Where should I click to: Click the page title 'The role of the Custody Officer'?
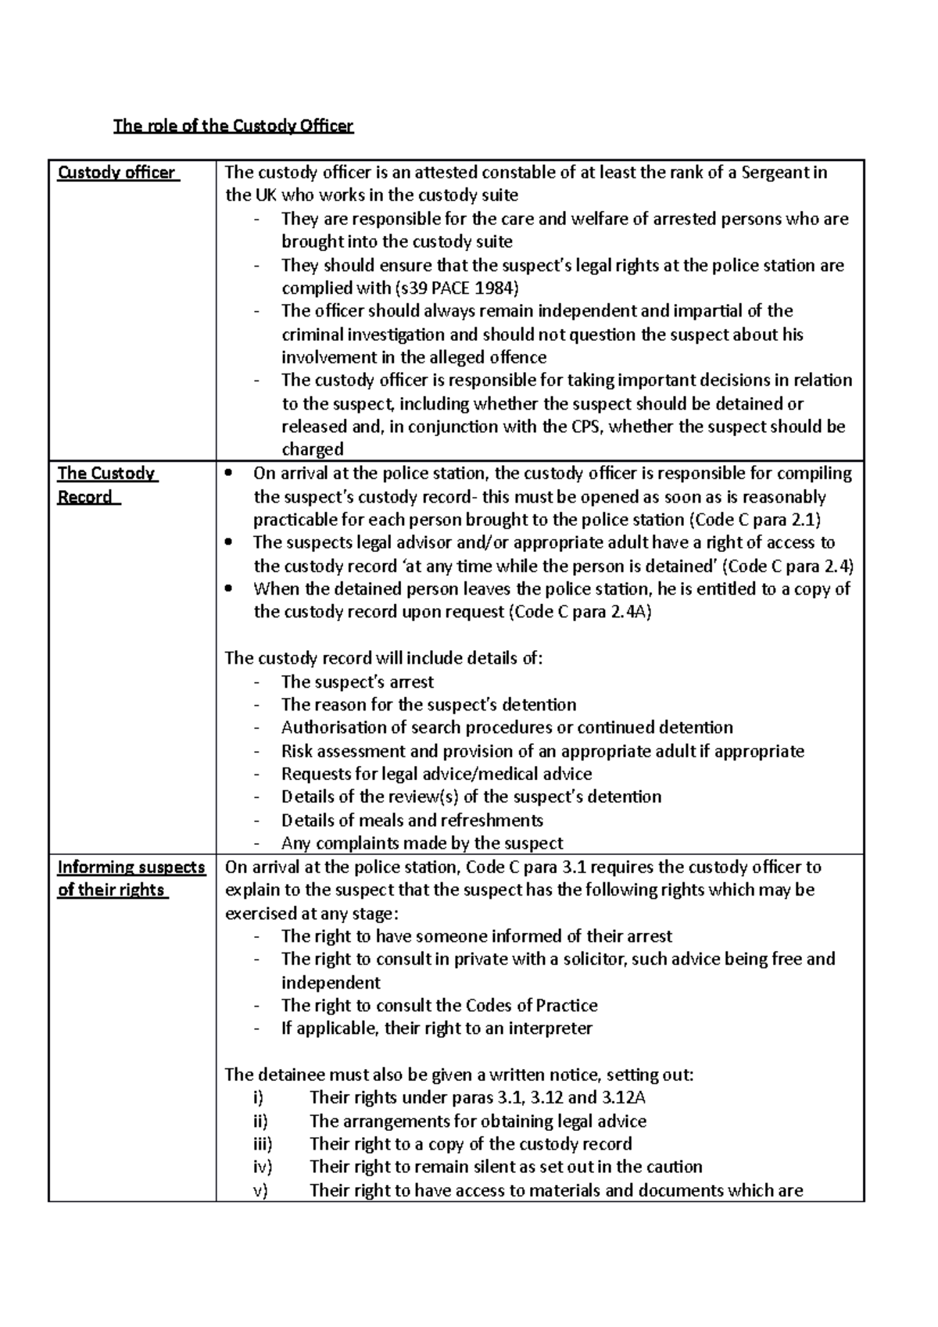pos(233,126)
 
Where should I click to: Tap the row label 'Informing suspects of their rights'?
pos(131,878)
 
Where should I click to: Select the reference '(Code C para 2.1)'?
pos(754,520)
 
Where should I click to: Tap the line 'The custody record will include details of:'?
pos(383,658)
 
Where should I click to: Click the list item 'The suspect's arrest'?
pos(357,681)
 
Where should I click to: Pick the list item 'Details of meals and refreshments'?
pos(412,821)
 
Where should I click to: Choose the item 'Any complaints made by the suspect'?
pos(422,843)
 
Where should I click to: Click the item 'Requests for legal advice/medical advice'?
pos(436,774)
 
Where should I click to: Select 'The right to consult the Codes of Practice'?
pos(439,1005)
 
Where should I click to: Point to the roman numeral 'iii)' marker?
pos(263,1144)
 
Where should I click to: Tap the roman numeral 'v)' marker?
pos(260,1191)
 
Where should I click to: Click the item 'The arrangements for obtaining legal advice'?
pos(478,1121)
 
